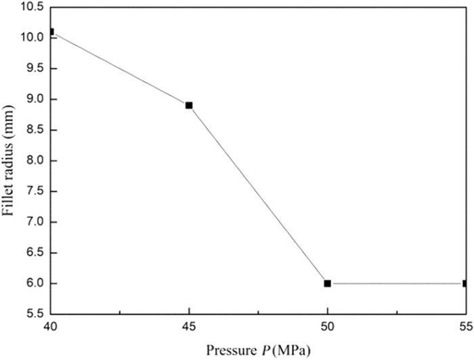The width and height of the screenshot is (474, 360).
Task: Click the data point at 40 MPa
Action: coord(51,32)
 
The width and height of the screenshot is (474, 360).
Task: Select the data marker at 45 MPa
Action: coord(189,105)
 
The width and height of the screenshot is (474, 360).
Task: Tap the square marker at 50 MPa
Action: coord(327,284)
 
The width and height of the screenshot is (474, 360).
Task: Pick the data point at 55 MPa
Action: coord(465,284)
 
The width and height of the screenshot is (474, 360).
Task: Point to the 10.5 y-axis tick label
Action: coord(31,7)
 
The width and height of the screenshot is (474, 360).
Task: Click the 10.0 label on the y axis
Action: coord(31,38)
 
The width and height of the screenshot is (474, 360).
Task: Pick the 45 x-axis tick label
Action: coord(189,326)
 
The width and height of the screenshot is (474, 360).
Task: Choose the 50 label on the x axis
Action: coord(327,326)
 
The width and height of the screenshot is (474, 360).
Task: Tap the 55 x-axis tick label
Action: coord(465,326)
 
